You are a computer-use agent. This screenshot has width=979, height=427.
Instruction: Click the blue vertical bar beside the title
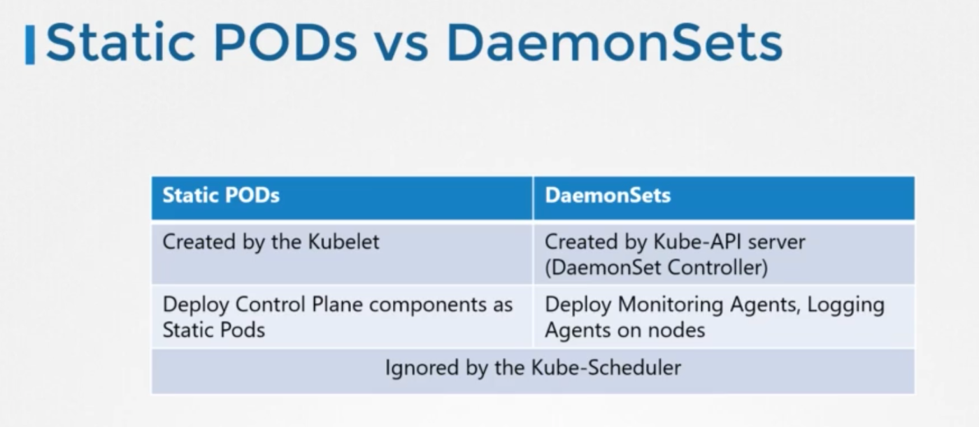click(x=30, y=45)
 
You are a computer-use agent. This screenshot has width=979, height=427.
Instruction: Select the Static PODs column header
click(x=221, y=195)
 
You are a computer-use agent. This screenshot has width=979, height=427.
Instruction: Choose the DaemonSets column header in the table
click(x=608, y=195)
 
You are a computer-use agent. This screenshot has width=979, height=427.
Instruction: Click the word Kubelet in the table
click(x=343, y=241)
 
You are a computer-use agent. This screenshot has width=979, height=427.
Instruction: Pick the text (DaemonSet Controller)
click(x=656, y=267)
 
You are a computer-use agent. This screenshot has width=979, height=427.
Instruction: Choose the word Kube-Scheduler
click(x=606, y=367)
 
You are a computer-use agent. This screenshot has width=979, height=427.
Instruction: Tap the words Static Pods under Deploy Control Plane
click(x=214, y=330)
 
